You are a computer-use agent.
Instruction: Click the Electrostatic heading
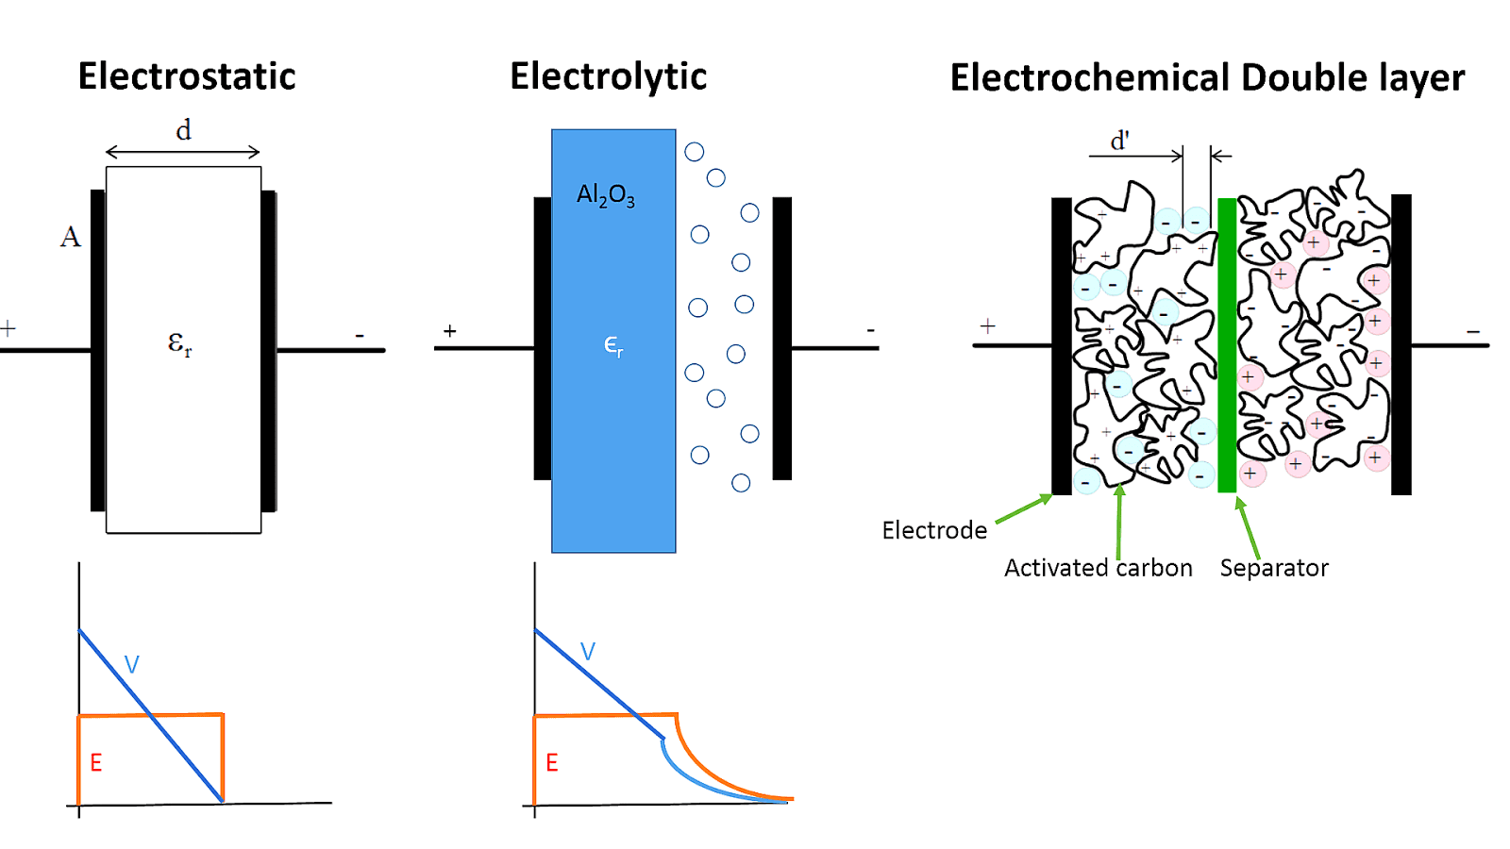(187, 76)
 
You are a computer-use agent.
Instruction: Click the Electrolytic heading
(608, 76)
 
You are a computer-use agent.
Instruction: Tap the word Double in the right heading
(1303, 77)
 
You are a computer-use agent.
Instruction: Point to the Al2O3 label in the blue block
(605, 195)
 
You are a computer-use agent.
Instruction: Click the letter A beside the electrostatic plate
(70, 237)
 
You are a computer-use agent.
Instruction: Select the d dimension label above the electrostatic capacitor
(183, 130)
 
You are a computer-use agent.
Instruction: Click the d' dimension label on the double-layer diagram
(1119, 141)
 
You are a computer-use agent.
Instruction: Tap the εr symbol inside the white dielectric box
(179, 343)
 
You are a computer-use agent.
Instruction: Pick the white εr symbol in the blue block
(613, 345)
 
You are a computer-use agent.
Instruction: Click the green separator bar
(1227, 345)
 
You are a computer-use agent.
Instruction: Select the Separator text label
(1273, 568)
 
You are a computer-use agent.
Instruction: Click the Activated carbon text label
(1098, 568)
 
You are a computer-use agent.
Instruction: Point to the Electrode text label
(934, 530)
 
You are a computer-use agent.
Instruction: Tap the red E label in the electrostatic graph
(95, 762)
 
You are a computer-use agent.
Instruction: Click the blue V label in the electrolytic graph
(587, 652)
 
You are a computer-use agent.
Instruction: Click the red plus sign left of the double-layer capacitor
(987, 325)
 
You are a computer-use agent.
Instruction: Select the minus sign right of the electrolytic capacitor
(870, 330)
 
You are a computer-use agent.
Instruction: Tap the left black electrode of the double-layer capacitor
(1062, 345)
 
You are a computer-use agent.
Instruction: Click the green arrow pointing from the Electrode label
(1024, 508)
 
